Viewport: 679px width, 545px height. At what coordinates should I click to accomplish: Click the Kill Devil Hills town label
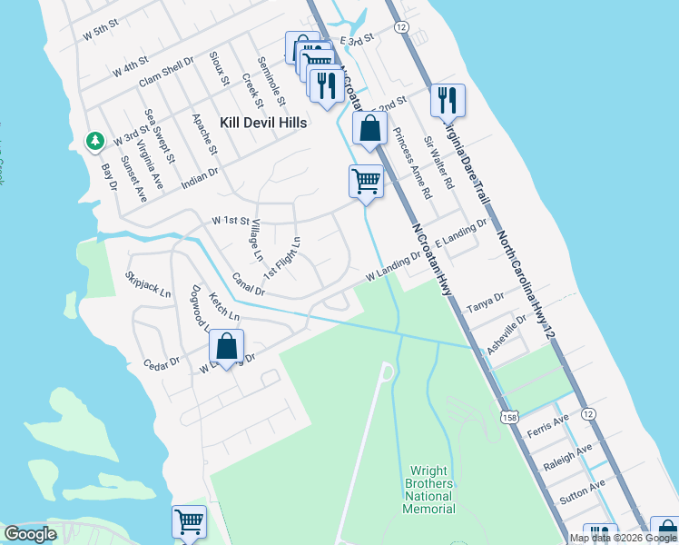[263, 123]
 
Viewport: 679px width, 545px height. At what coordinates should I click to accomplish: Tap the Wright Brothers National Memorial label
[428, 490]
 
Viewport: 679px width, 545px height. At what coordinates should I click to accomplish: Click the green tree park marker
[94, 141]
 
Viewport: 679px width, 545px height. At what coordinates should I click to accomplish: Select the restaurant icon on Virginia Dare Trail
[447, 99]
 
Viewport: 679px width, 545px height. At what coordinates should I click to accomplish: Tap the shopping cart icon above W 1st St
[366, 181]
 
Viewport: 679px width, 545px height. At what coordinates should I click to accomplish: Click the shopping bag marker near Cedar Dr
[226, 346]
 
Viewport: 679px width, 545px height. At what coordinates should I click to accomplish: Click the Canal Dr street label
[248, 284]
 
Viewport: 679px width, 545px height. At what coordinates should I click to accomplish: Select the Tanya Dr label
[485, 302]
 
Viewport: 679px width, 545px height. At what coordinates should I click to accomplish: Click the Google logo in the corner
[31, 534]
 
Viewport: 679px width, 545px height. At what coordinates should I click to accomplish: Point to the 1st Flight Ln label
[282, 258]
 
